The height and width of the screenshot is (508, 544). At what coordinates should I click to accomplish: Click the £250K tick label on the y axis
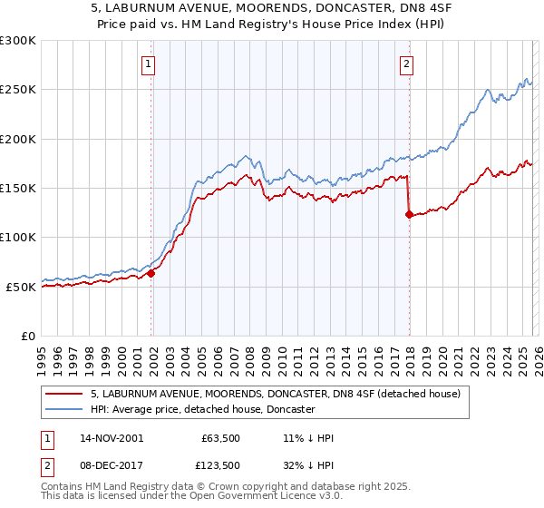click(17, 90)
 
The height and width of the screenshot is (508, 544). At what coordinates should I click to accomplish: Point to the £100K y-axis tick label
click(17, 238)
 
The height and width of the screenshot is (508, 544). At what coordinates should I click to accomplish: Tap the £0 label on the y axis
click(27, 337)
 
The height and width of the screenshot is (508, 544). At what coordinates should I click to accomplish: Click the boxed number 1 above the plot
click(148, 63)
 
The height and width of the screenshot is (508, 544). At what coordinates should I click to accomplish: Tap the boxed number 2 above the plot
click(406, 63)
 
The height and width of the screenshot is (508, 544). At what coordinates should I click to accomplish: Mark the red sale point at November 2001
click(151, 273)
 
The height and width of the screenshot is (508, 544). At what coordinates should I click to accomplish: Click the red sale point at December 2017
click(409, 215)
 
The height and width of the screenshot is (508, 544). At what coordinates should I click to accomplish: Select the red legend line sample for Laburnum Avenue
click(64, 394)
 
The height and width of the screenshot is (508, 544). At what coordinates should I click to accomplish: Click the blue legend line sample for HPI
click(64, 410)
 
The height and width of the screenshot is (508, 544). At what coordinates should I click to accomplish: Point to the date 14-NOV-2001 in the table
click(112, 438)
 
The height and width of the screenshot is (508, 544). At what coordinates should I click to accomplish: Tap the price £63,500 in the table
click(219, 438)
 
